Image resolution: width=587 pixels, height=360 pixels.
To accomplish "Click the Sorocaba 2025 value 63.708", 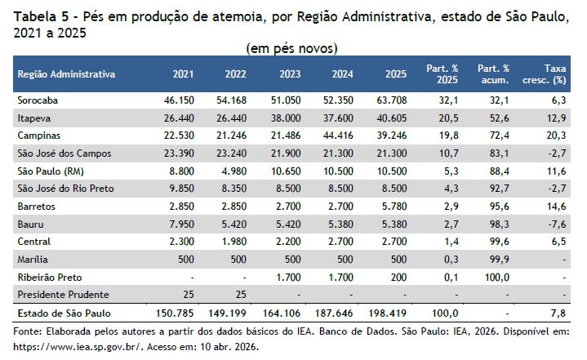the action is (392, 100).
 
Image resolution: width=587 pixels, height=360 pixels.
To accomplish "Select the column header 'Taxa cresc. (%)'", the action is (545, 74).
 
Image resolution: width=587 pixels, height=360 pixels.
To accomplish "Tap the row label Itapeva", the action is (34, 118).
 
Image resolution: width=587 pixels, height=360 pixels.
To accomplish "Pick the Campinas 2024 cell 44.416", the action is (338, 136).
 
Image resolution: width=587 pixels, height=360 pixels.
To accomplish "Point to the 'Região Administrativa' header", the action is (66, 74).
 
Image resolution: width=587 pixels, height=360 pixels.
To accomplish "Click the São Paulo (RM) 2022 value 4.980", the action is (234, 171).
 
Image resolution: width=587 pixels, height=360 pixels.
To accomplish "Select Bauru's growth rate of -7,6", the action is (557, 224).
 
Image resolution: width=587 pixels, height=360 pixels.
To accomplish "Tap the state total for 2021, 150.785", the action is (175, 313).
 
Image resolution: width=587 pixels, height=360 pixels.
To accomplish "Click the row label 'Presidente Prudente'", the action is (63, 295).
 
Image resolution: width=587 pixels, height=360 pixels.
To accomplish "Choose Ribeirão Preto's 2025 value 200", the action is (398, 278).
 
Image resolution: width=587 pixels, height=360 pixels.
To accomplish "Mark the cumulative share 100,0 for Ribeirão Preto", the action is (496, 278).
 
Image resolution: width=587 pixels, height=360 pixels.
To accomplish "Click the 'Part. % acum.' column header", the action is (493, 74).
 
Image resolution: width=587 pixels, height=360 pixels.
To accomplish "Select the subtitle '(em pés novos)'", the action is (292, 49).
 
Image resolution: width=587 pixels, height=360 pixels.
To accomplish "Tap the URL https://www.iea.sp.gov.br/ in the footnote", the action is (78, 347).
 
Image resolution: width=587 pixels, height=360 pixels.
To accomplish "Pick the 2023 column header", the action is (290, 74).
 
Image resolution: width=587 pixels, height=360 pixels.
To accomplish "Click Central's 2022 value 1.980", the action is (234, 242).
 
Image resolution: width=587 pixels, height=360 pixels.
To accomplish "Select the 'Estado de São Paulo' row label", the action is (64, 313).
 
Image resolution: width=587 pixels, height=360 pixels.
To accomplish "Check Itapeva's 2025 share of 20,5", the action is (448, 118).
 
